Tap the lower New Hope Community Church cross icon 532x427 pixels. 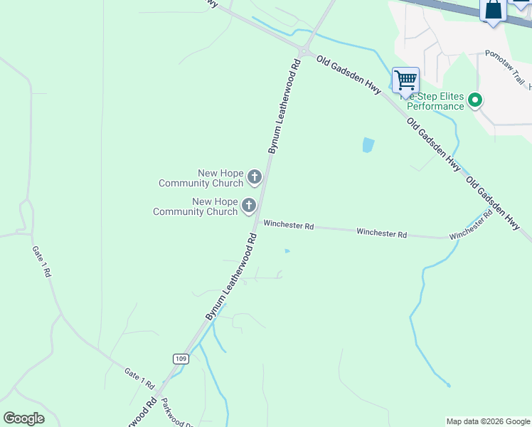pos(248,206)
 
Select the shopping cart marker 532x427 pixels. pos(405,80)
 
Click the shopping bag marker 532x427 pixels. pos(493,10)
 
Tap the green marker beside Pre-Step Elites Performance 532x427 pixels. pos(475,101)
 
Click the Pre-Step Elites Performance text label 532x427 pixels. pos(435,102)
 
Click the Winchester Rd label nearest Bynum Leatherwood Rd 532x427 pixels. pos(288,225)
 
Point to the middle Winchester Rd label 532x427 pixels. pos(381,233)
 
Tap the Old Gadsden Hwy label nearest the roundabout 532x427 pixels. pos(349,75)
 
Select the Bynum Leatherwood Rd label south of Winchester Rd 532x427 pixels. pos(231,274)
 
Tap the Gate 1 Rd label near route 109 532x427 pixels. pos(139,378)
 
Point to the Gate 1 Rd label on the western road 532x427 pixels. pos(41,262)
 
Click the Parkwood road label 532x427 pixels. pos(176,413)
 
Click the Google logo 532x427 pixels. pos(23,418)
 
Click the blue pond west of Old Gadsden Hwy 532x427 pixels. pos(368,145)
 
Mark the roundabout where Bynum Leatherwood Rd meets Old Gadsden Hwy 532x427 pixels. pos(304,51)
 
